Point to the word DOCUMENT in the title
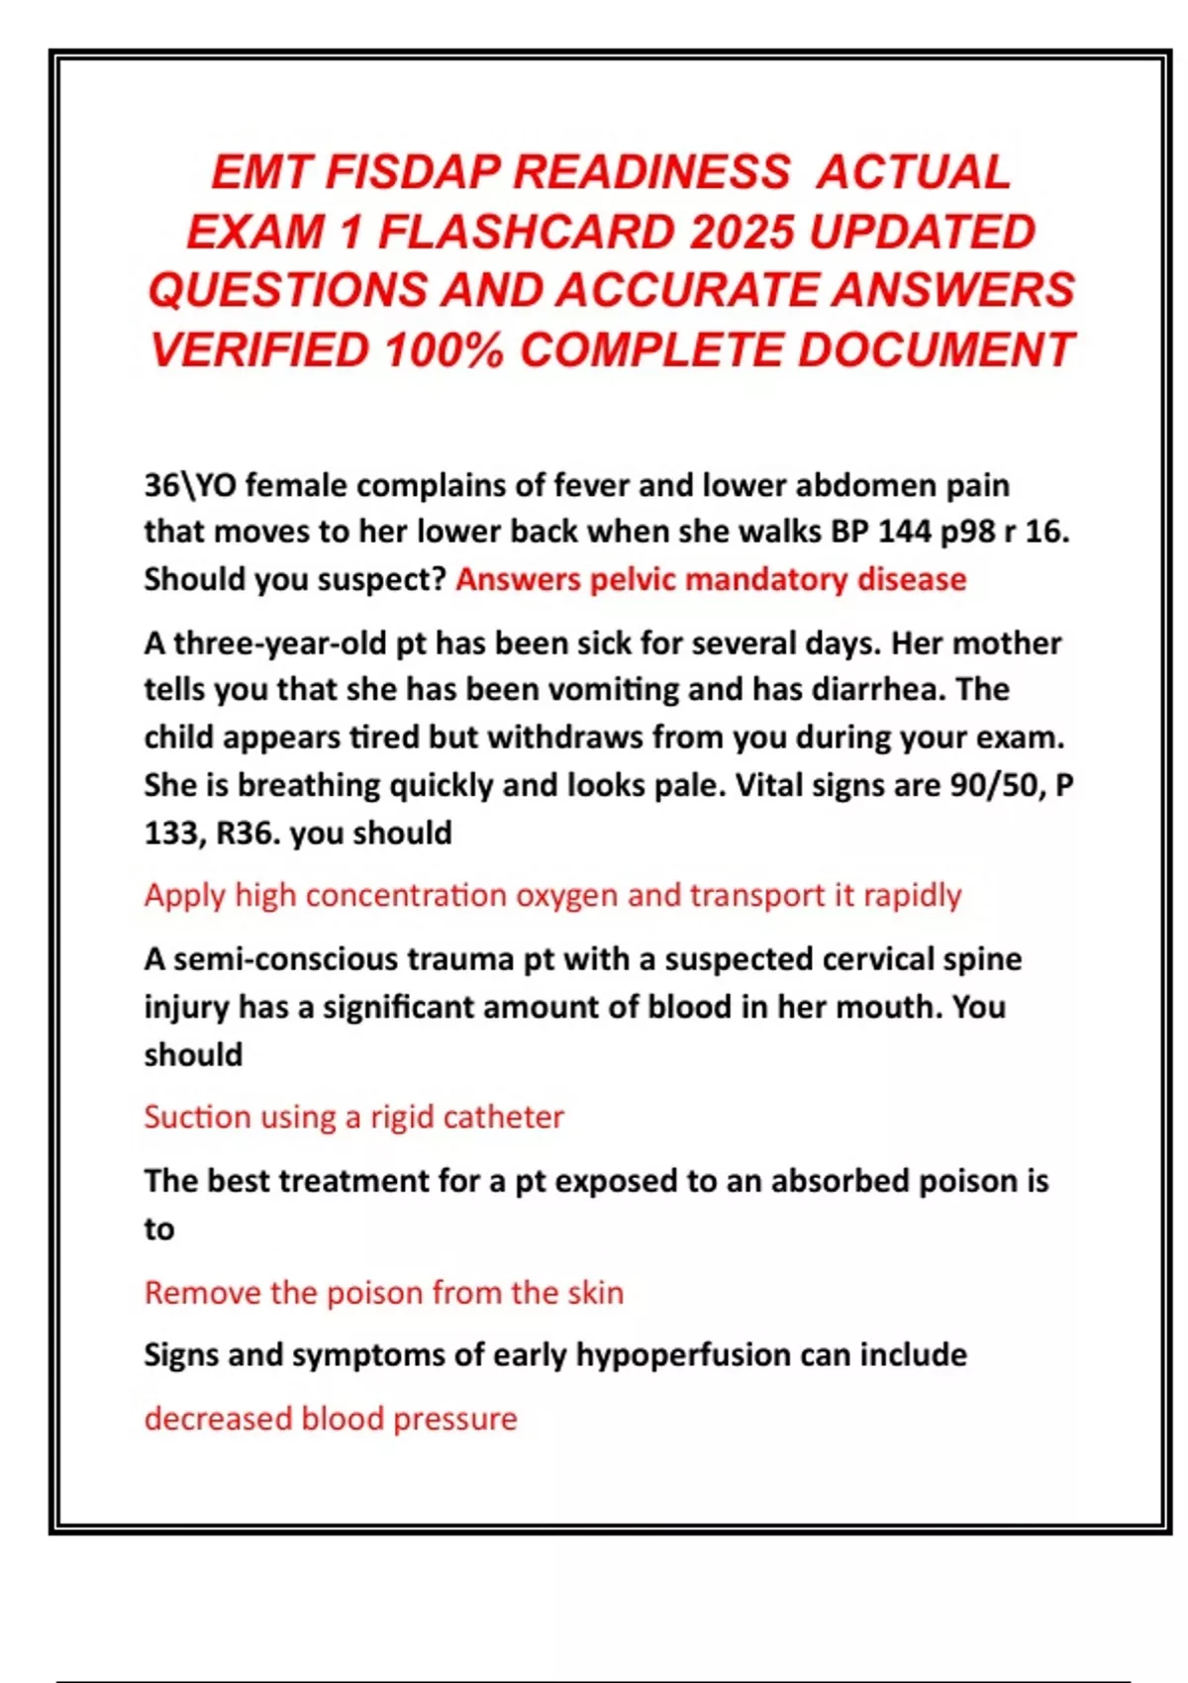[x=935, y=349]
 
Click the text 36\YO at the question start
[x=190, y=485]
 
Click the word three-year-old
[x=280, y=643]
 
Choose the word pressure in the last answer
[x=454, y=1419]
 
